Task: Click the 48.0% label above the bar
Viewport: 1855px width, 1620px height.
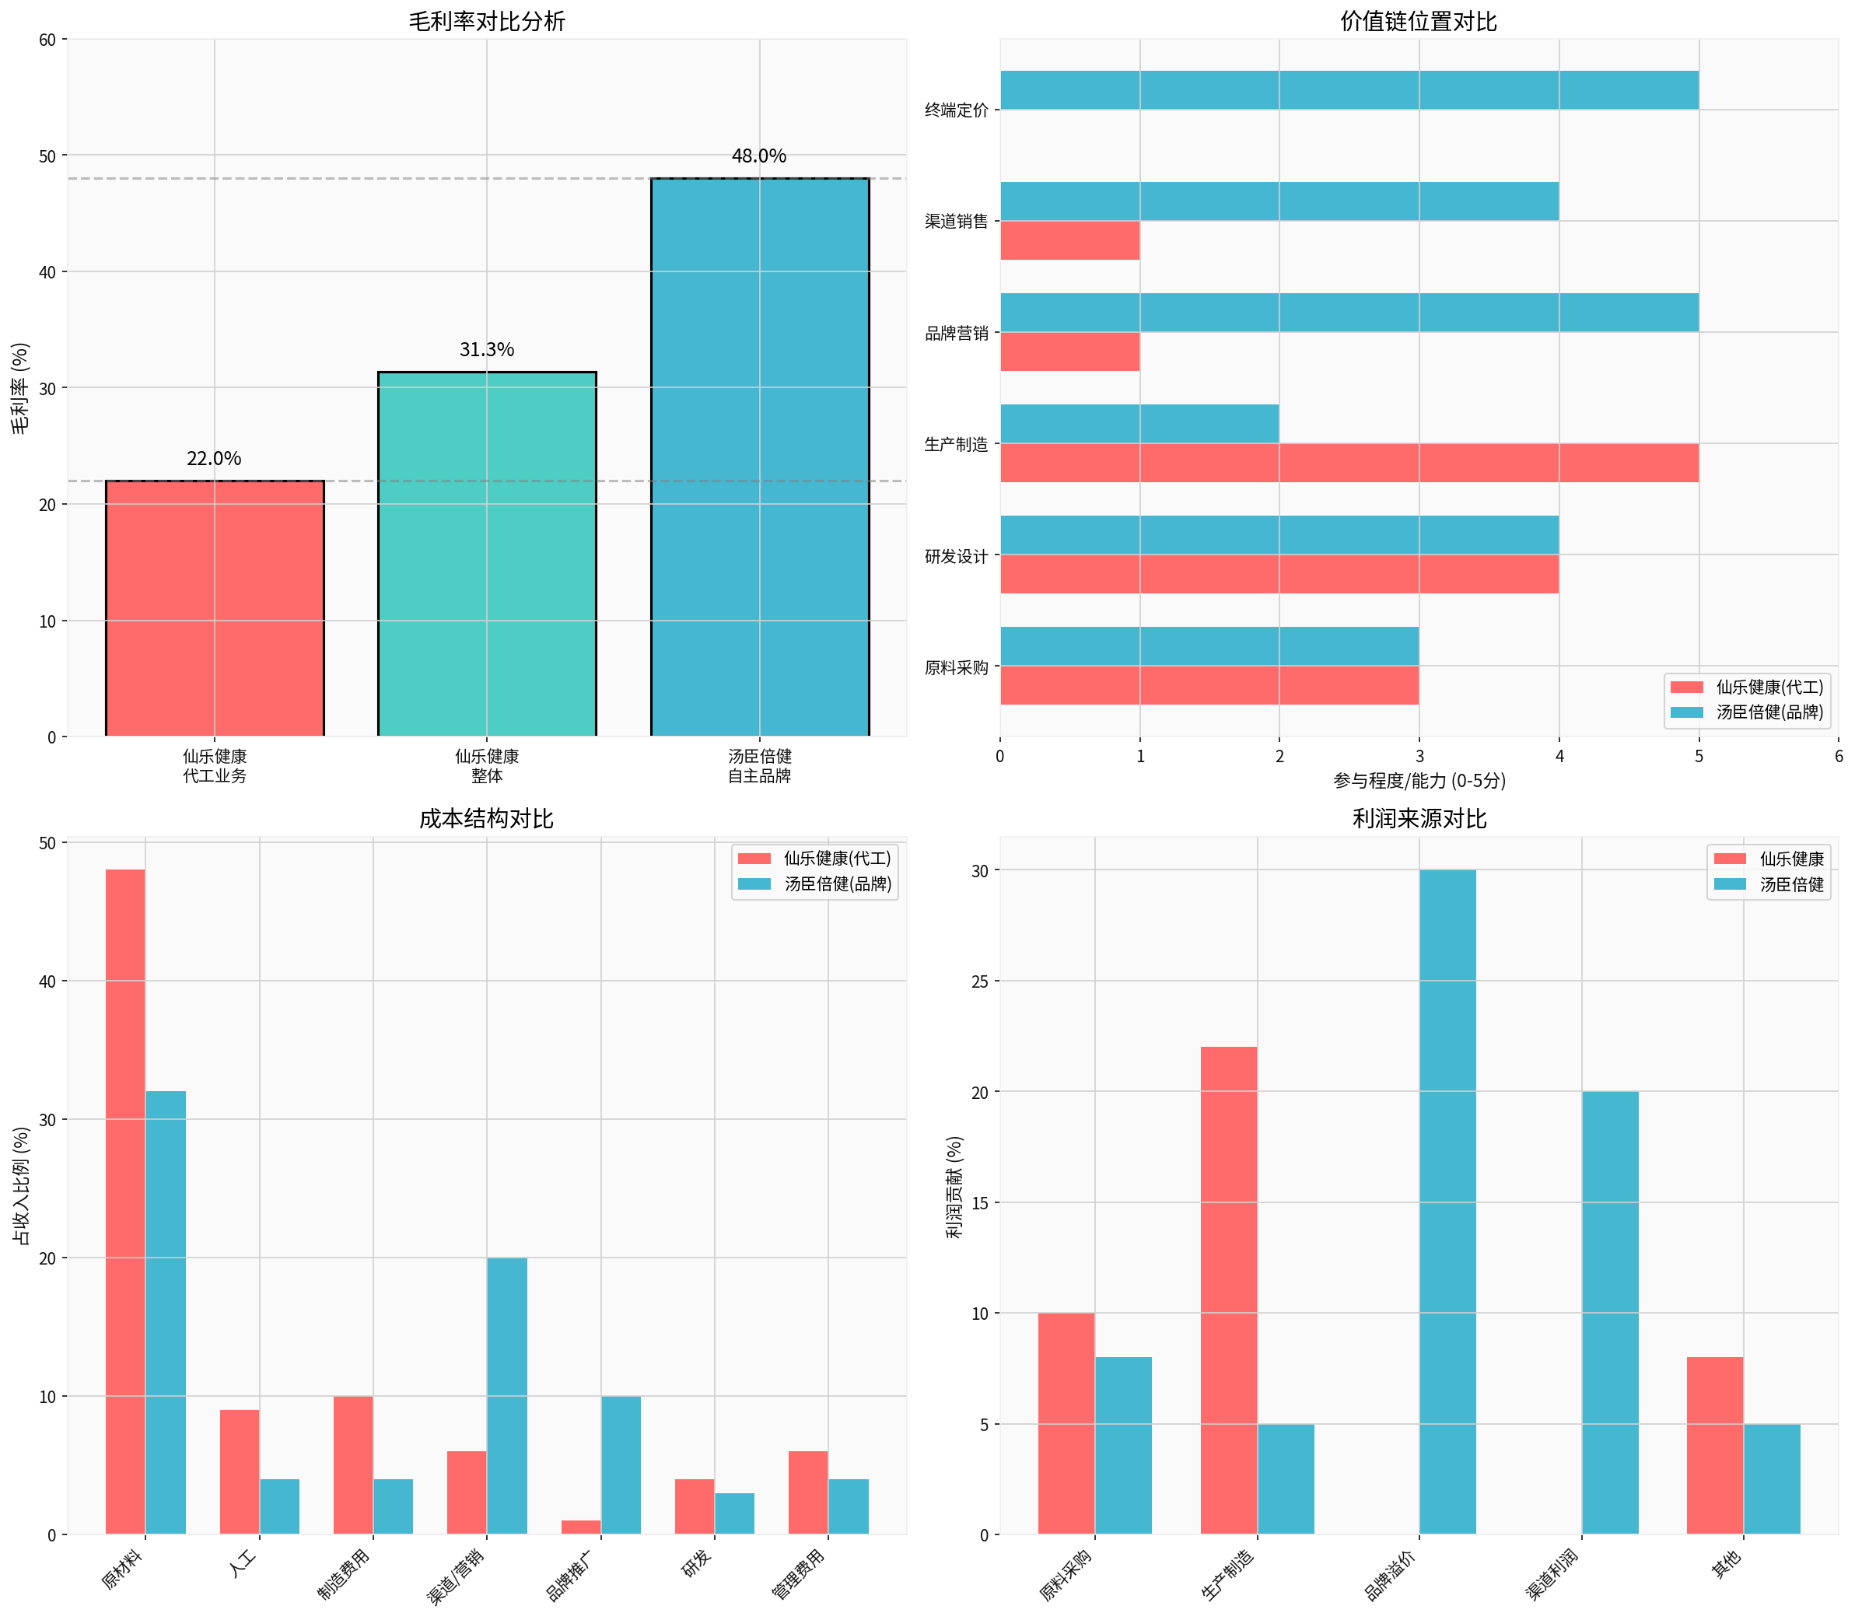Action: (758, 156)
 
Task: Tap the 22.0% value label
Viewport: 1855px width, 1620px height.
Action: (214, 459)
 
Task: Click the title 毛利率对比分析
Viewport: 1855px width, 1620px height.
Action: (486, 22)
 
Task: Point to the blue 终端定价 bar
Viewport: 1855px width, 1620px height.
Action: (1349, 90)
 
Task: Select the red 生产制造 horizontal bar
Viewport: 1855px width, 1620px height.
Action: (1349, 463)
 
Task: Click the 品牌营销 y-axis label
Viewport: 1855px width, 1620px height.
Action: (956, 334)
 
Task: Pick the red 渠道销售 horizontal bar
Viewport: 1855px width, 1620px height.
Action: (1069, 240)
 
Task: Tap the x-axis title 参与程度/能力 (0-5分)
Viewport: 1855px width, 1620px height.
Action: (1419, 781)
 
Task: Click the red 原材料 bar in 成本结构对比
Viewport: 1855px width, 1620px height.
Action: (126, 1202)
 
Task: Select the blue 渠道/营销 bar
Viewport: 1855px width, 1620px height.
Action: (507, 1396)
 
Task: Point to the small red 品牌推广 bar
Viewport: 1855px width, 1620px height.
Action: (580, 1527)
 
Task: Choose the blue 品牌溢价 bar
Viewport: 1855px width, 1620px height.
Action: (1447, 1202)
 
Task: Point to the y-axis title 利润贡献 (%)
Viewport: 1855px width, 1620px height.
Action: (954, 1186)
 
